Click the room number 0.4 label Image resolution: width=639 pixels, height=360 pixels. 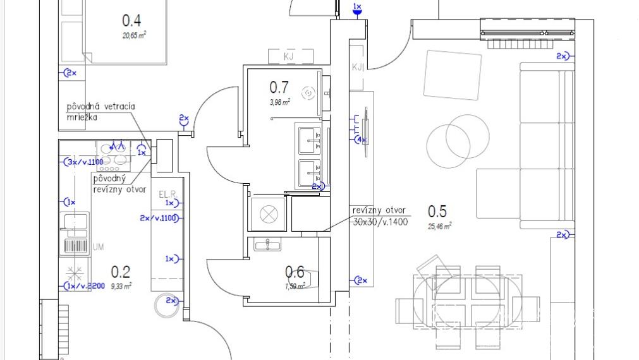tap(131, 21)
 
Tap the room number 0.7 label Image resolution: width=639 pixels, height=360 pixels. tap(279, 87)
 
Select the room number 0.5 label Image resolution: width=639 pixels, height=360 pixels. tap(437, 211)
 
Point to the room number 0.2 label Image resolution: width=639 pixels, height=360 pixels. tap(121, 272)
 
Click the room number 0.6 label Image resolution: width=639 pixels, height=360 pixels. tap(295, 272)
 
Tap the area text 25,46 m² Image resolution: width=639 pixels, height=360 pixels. tap(439, 225)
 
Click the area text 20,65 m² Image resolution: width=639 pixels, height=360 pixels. tap(134, 36)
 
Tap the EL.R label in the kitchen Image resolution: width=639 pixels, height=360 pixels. tap(166, 193)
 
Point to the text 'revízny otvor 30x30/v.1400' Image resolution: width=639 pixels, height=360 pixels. tap(380, 216)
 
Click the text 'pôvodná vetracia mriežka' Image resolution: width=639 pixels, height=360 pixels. tap(101, 112)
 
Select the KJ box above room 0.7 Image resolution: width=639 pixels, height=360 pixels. tap(289, 57)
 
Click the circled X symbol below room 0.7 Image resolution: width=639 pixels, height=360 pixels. tap(268, 215)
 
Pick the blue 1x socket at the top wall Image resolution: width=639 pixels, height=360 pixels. tap(357, 9)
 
